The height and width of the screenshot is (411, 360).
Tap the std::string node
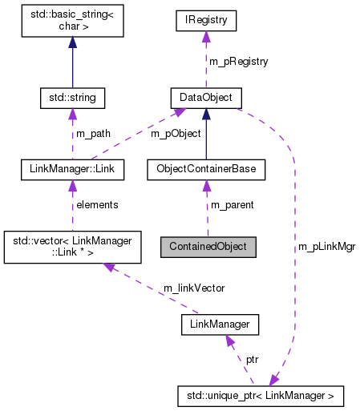point(73,99)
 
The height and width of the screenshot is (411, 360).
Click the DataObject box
point(206,99)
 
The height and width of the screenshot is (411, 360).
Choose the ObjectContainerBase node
point(206,170)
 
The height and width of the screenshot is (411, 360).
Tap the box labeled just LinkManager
point(220,324)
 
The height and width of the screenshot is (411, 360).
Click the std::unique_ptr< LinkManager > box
point(261,395)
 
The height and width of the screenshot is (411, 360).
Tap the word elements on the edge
point(96,205)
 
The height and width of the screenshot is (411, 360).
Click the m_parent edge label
point(232,205)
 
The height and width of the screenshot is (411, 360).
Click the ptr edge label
point(252,361)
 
